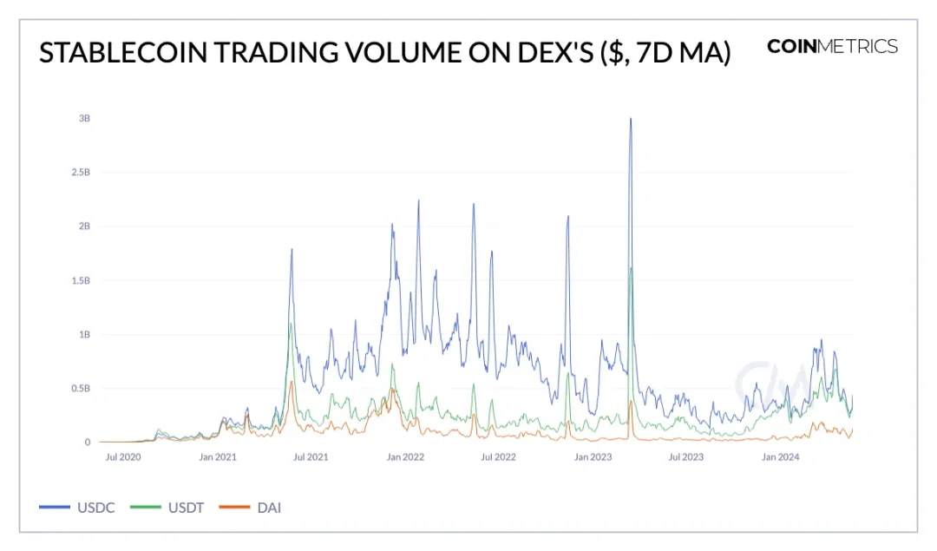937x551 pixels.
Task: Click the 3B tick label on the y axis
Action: pyautogui.click(x=85, y=118)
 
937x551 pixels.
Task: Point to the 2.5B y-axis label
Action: pyautogui.click(x=81, y=172)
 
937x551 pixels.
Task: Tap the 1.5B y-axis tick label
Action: pyautogui.click(x=81, y=280)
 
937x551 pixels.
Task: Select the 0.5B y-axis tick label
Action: pyautogui.click(x=81, y=389)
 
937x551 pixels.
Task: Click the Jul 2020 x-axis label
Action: pyautogui.click(x=122, y=456)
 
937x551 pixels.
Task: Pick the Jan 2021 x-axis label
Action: pyautogui.click(x=217, y=456)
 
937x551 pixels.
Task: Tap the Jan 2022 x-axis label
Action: pyautogui.click(x=404, y=456)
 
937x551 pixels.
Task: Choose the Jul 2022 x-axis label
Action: pyautogui.click(x=498, y=456)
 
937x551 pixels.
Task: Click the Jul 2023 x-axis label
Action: pyautogui.click(x=686, y=456)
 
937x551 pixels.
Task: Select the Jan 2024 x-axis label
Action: pyautogui.click(x=780, y=456)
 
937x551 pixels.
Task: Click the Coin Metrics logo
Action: pyautogui.click(x=832, y=47)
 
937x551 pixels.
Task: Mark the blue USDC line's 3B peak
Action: pyautogui.click(x=631, y=119)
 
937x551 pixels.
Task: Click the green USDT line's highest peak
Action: pyautogui.click(x=631, y=268)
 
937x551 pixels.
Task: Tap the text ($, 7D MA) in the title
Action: pyautogui.click(x=664, y=53)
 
